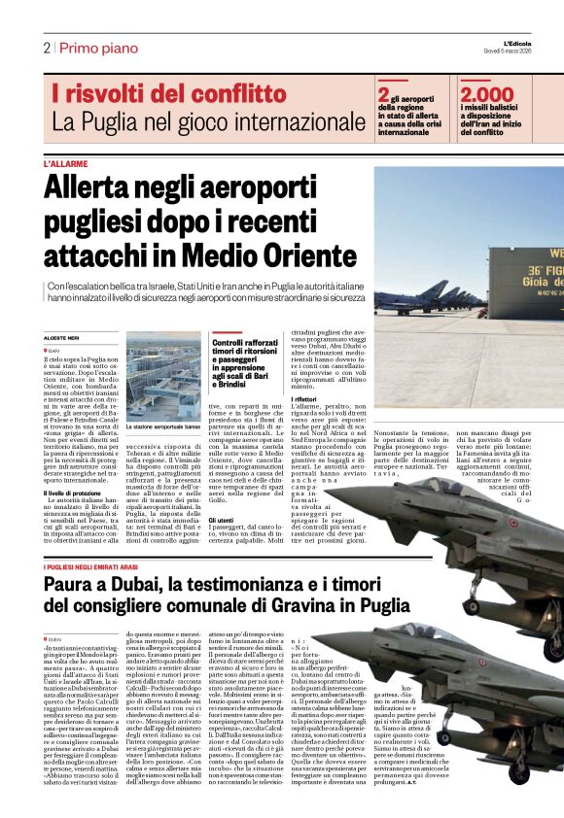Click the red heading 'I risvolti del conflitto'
(169, 94)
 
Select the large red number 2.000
(487, 94)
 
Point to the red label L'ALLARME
(65, 164)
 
